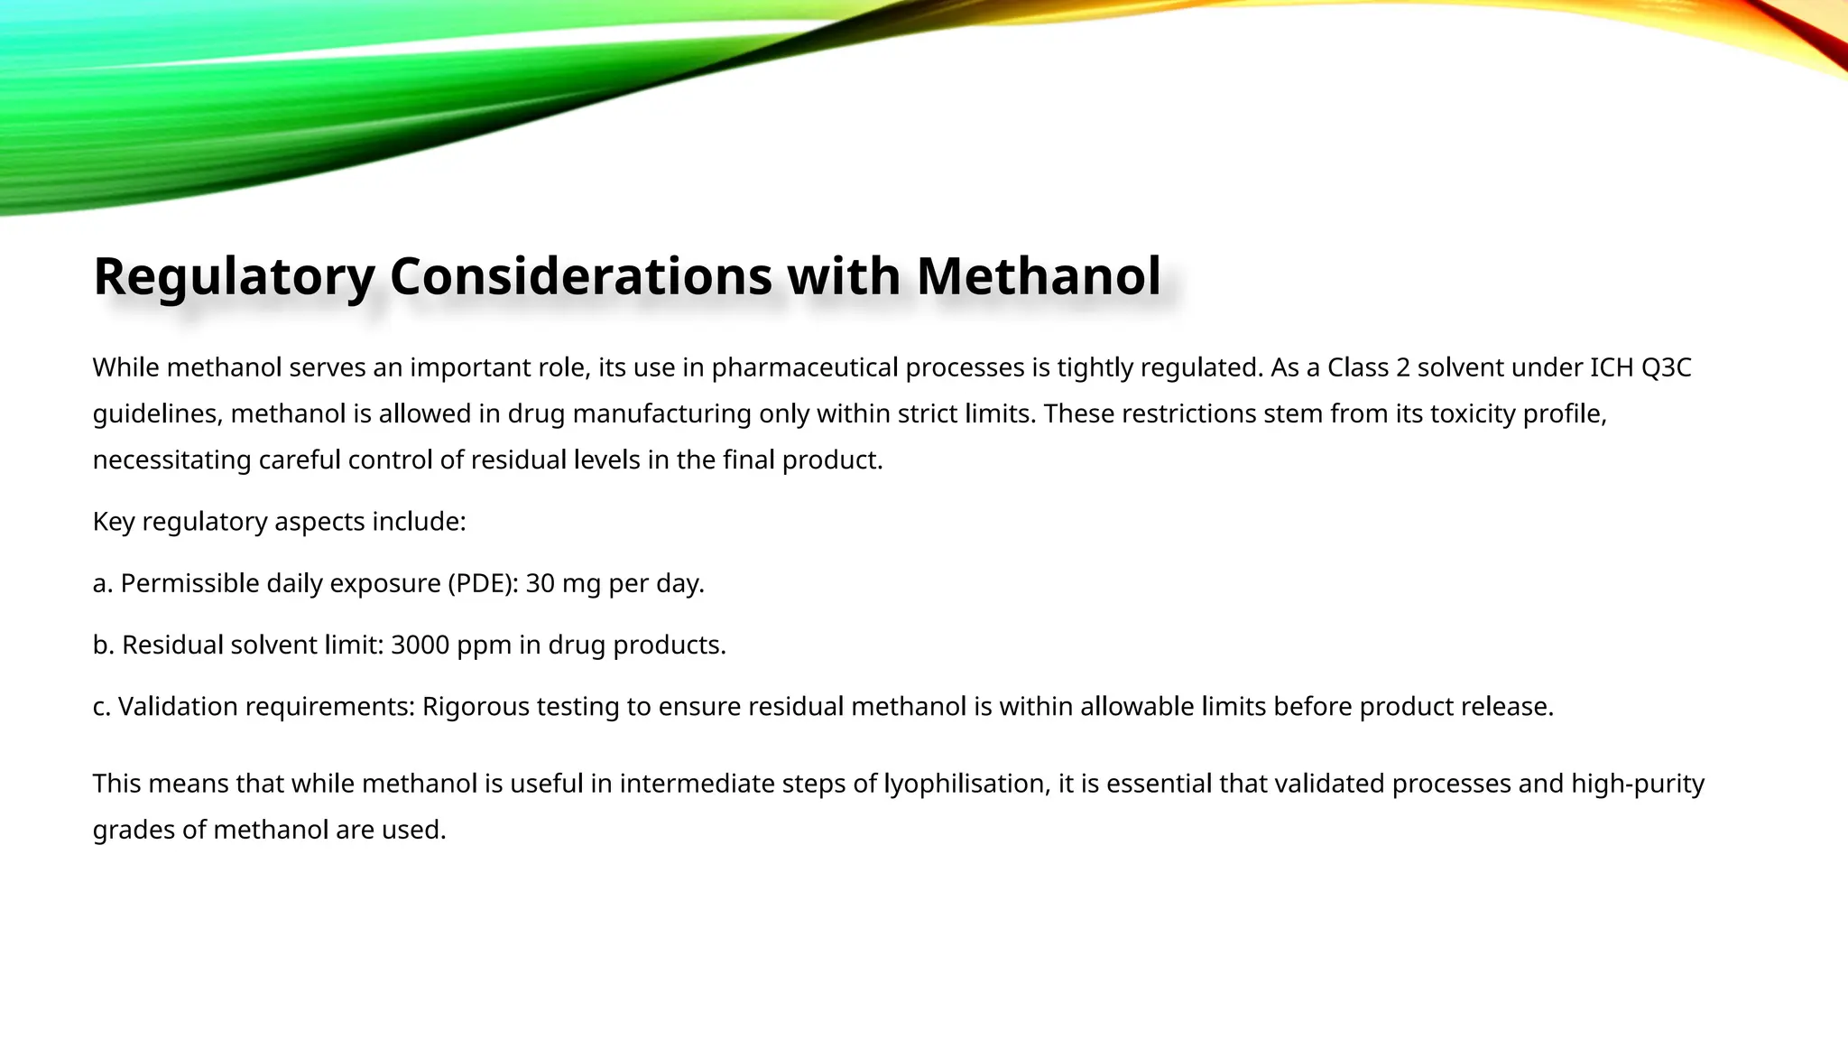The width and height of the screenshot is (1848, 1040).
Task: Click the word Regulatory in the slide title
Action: pyautogui.click(x=234, y=276)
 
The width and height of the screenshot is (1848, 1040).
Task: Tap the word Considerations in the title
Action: pyautogui.click(x=580, y=276)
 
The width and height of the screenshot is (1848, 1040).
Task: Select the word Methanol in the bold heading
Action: pyautogui.click(x=1039, y=276)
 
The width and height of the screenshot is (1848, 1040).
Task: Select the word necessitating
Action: pyautogui.click(x=172, y=460)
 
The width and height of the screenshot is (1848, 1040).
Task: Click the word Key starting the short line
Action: pyautogui.click(x=114, y=522)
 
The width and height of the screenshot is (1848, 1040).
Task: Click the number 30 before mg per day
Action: pyautogui.click(x=540, y=583)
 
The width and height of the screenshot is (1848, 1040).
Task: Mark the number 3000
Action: pyautogui.click(x=420, y=645)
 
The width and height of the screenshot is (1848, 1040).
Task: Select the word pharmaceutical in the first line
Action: pyautogui.click(x=805, y=367)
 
